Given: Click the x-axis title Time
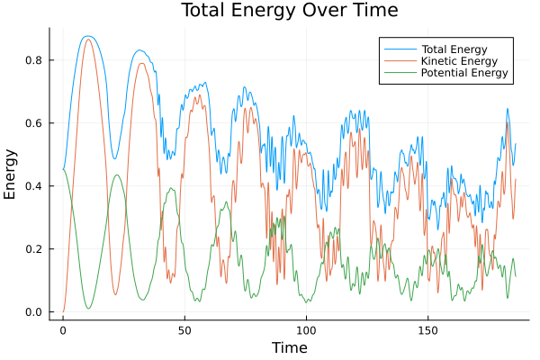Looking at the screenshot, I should (x=289, y=347).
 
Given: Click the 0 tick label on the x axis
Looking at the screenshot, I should (x=63, y=329).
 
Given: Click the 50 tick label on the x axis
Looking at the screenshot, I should (x=184, y=329).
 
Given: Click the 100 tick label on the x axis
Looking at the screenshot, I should (x=306, y=329).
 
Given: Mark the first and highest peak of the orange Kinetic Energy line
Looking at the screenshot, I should (x=87, y=40).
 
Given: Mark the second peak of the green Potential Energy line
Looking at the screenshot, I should (x=116, y=175).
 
